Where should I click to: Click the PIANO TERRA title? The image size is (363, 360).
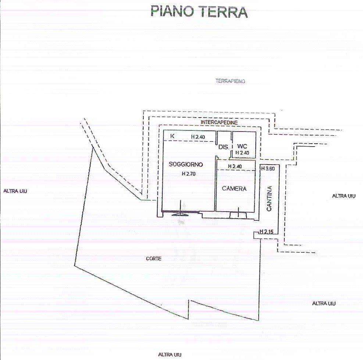tap(199, 12)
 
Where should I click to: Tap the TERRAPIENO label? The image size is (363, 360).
tap(230, 81)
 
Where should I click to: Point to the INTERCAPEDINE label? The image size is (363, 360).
tap(219, 122)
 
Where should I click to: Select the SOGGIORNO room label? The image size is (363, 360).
tap(186, 164)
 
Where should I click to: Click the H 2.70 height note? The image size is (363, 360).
tap(189, 174)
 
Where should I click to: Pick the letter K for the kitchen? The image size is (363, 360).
tap(172, 136)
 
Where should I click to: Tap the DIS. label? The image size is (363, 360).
tap(223, 147)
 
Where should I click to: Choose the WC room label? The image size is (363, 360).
tap(242, 146)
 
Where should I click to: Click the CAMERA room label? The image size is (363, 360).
tap(234, 189)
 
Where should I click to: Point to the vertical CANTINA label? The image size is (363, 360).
tap(269, 198)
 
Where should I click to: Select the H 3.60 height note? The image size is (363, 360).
tap(268, 169)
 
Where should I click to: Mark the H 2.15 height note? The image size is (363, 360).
tap(266, 231)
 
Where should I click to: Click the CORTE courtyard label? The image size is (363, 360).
tap(154, 259)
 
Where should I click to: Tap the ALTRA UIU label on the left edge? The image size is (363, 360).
tap(15, 191)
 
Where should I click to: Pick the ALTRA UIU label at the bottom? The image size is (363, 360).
tap(170, 354)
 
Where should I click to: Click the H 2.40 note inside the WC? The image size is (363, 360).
tap(242, 153)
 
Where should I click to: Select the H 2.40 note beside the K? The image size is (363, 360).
tap(198, 137)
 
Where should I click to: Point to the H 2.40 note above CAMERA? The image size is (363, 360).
tap(235, 166)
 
